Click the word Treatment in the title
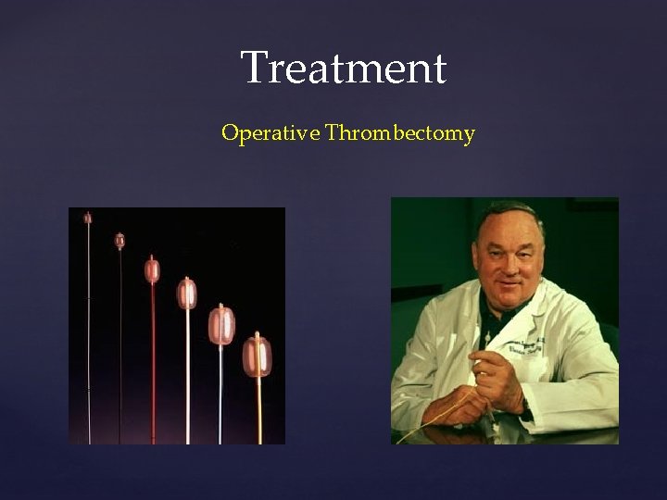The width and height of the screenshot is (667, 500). click(344, 68)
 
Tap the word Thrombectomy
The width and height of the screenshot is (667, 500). click(400, 133)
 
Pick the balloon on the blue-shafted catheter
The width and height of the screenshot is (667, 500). click(222, 324)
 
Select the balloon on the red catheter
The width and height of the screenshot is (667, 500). click(153, 270)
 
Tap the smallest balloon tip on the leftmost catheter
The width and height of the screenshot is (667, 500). click(88, 219)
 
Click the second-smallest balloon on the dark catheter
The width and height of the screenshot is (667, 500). click(120, 240)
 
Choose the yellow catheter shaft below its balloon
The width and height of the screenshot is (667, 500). click(257, 407)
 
